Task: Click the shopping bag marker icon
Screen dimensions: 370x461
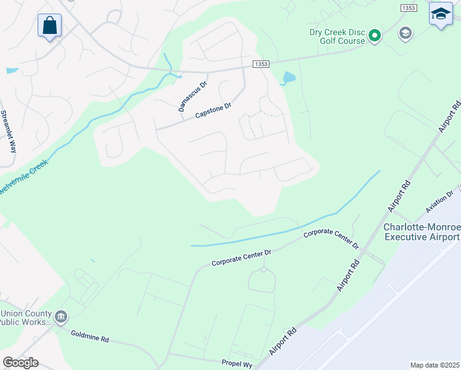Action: point(49,26)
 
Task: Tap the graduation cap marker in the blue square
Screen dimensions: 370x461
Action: point(440,14)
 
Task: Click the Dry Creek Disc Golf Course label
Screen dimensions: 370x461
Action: point(337,36)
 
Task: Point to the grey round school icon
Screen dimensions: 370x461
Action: point(405,33)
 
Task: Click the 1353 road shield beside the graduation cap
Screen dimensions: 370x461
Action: point(408,7)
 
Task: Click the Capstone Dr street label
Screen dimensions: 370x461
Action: point(213,110)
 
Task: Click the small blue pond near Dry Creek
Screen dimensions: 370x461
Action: point(288,78)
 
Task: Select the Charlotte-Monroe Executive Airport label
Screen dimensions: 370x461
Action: point(422,232)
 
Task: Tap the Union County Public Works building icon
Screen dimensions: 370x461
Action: point(60,318)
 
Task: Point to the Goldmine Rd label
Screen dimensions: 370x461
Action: point(89,339)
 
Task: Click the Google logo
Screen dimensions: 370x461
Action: point(20,363)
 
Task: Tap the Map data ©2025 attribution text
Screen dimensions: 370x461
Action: point(434,365)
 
